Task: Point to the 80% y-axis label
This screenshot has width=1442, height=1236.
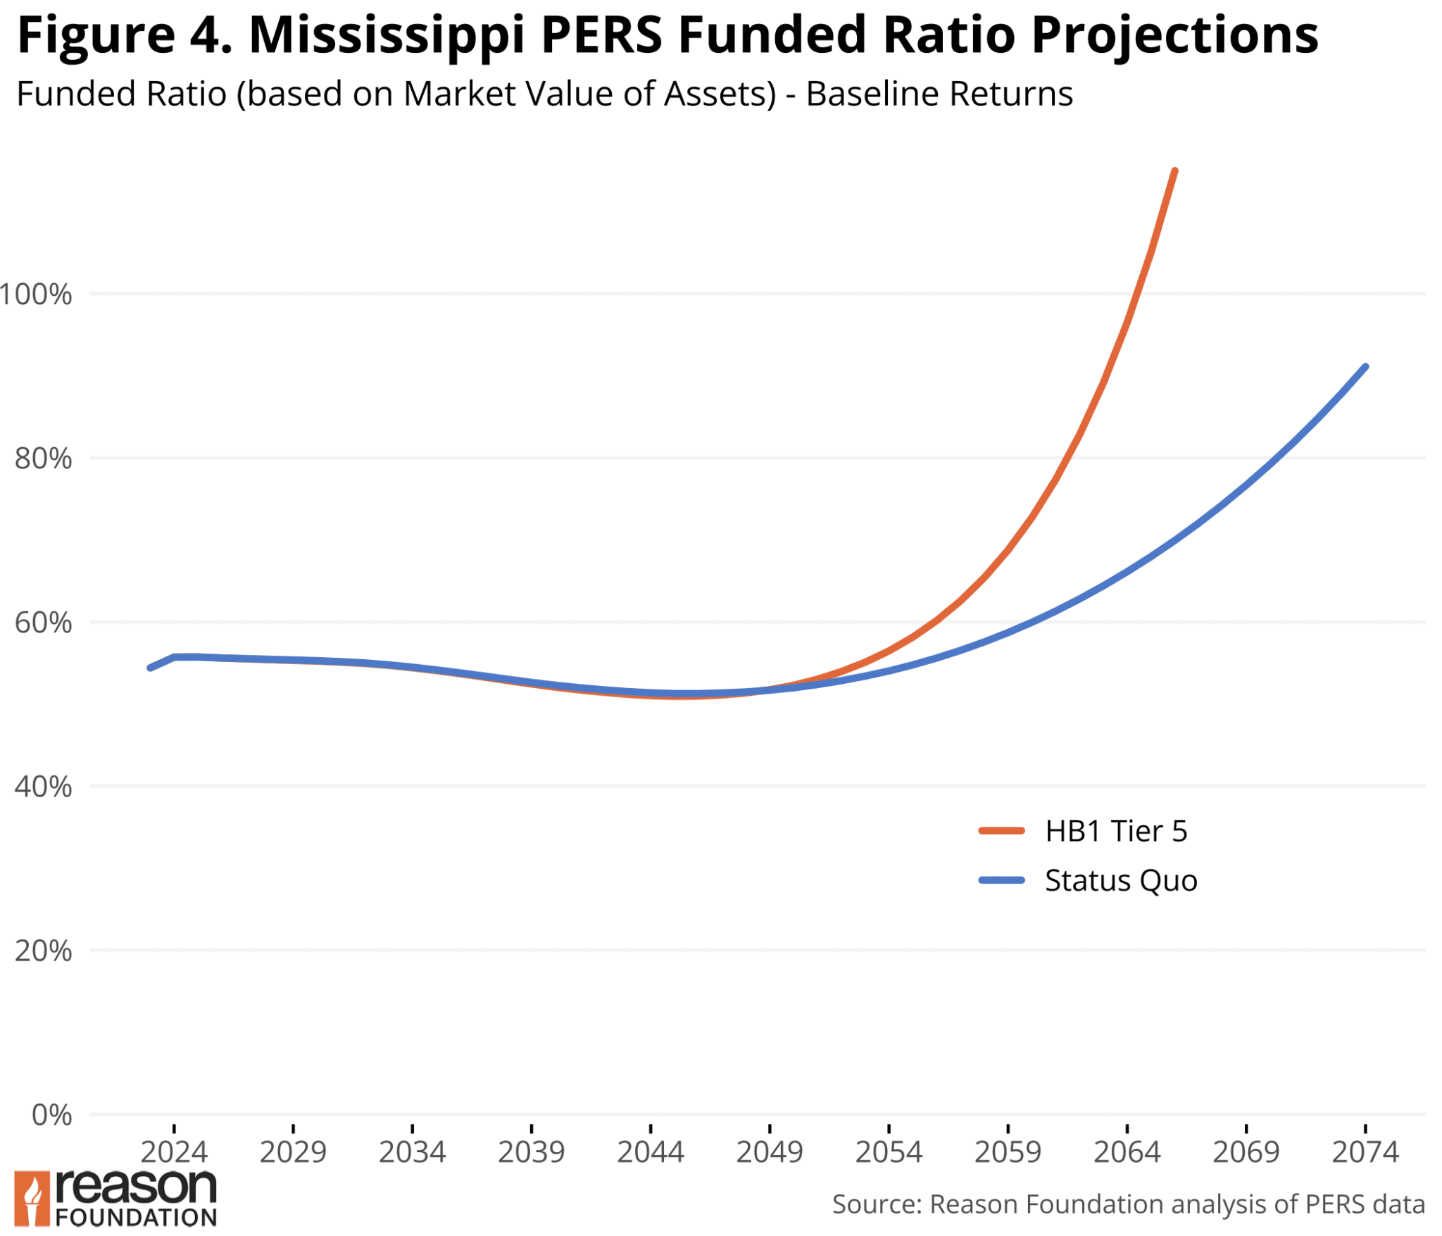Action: click(43, 459)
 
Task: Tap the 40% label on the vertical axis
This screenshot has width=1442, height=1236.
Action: click(43, 787)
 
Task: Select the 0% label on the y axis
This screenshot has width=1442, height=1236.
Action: click(51, 1116)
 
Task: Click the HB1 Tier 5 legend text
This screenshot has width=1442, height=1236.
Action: click(1116, 832)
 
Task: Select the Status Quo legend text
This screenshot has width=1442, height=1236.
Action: click(1121, 881)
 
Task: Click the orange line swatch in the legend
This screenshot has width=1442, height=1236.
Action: click(1001, 831)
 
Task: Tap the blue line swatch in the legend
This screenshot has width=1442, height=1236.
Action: click(1001, 880)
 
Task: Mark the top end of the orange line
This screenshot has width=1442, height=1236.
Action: click(1174, 171)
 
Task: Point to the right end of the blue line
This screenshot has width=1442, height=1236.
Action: click(1365, 367)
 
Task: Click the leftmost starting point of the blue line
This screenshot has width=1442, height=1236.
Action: click(150, 668)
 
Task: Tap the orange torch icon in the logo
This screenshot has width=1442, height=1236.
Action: click(32, 1199)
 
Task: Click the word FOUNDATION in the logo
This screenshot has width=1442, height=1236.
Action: click(136, 1218)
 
